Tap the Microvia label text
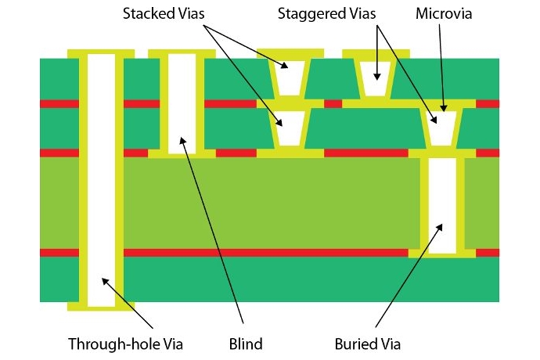[x=443, y=14]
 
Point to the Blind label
[x=246, y=344]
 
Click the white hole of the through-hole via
[x=101, y=180]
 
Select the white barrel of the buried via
[x=442, y=205]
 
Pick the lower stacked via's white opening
[x=290, y=128]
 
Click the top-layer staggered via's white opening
[x=377, y=72]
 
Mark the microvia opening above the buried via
[x=442, y=127]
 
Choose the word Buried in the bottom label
[x=356, y=344]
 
